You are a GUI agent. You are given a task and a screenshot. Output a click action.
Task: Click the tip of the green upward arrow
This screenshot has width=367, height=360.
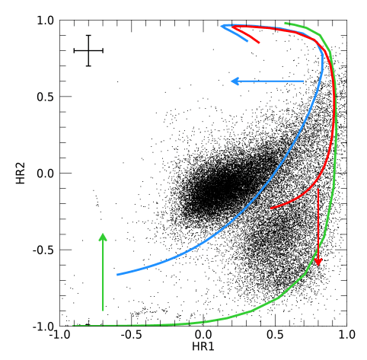103,234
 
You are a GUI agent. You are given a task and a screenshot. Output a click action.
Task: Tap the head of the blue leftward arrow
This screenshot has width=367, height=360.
232,81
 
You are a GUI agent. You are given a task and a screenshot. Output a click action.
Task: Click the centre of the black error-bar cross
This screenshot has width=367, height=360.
88,50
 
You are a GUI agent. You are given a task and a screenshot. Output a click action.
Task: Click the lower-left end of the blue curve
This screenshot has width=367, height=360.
117,274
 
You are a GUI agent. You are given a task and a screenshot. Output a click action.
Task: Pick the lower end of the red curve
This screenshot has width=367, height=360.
270,208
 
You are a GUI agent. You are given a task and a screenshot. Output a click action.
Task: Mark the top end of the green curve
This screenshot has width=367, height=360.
285,23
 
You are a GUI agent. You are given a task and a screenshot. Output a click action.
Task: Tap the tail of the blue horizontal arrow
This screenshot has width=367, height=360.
304,81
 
